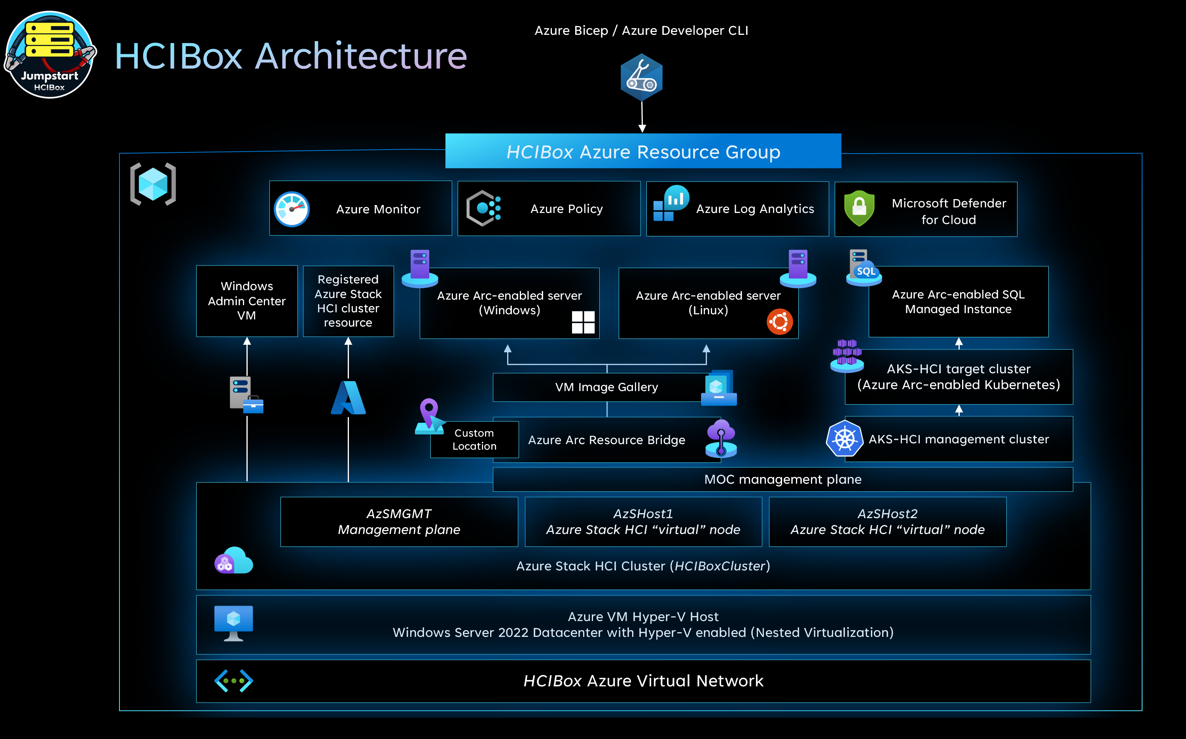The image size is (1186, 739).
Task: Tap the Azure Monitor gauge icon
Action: (292, 209)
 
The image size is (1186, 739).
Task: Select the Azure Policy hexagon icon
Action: (483, 208)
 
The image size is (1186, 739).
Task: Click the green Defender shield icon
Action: (859, 208)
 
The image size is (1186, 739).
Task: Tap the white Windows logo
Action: (583, 322)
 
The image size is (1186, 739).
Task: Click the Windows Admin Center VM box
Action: (247, 300)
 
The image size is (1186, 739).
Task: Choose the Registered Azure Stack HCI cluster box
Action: (348, 300)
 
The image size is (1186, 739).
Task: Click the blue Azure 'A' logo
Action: (348, 398)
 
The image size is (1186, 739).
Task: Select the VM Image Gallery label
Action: (606, 387)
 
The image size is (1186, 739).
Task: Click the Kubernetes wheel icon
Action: (844, 439)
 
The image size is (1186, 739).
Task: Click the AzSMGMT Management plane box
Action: (399, 522)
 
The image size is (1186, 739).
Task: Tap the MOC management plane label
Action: (782, 479)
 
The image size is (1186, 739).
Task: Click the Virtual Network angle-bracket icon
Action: (233, 680)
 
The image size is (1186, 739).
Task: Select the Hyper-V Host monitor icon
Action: (233, 623)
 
